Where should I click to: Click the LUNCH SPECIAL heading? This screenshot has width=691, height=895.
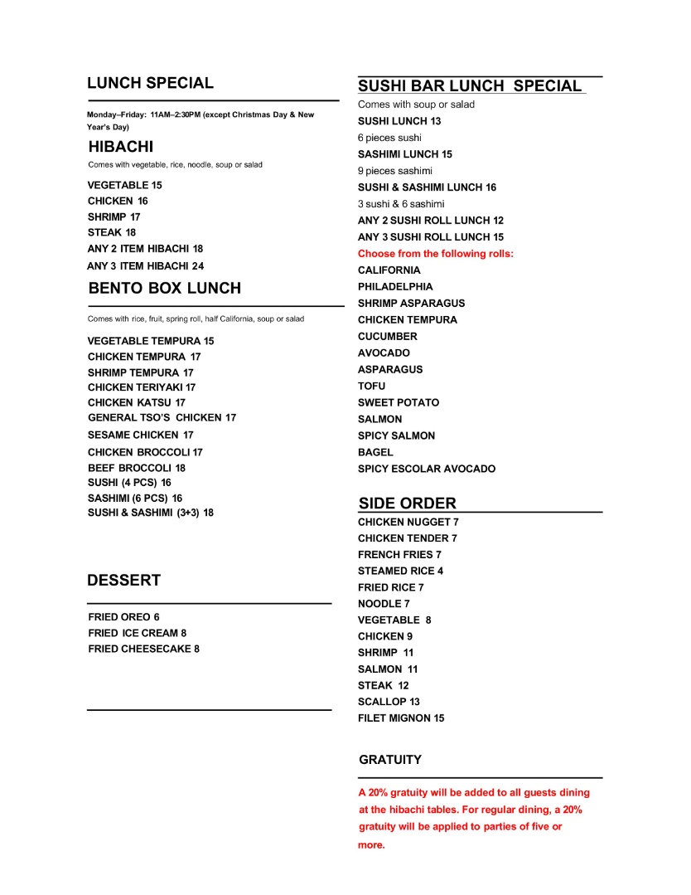(150, 83)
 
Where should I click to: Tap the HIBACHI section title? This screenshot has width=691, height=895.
(121, 147)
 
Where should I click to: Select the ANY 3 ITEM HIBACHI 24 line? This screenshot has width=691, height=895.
(145, 266)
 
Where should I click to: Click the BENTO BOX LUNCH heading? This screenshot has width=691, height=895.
(164, 289)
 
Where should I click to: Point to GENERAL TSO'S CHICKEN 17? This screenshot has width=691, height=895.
(162, 418)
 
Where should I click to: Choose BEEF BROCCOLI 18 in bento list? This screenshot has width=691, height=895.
(137, 468)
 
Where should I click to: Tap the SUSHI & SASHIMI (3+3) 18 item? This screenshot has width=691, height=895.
(151, 513)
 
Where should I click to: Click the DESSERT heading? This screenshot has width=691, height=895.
(123, 581)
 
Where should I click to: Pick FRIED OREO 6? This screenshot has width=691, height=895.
(123, 617)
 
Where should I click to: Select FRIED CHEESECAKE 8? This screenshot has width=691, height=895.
(143, 649)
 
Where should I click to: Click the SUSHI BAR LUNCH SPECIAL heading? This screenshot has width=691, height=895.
(470, 86)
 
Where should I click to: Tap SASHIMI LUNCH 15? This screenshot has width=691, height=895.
(405, 154)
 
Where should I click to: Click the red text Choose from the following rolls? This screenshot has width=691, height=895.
(436, 254)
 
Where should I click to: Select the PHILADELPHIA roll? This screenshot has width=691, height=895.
(395, 287)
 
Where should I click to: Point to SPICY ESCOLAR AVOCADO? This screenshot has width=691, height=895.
(427, 469)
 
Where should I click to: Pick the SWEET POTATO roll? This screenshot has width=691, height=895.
(399, 402)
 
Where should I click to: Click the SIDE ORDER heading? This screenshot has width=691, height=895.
(407, 503)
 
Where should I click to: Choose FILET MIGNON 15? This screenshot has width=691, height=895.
(401, 718)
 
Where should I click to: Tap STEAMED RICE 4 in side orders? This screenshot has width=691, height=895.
(400, 571)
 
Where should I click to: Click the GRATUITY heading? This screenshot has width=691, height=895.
(390, 760)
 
